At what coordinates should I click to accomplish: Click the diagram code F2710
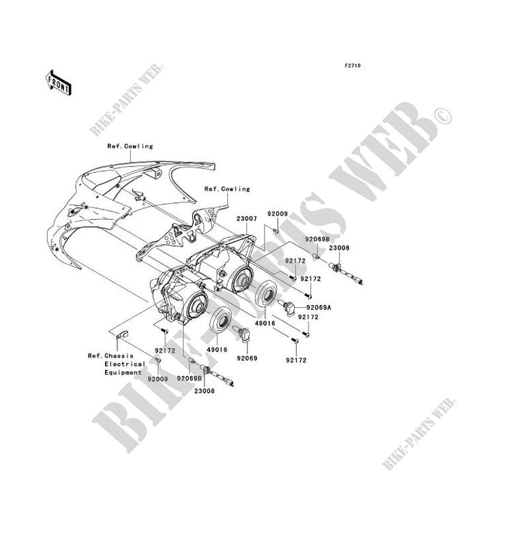pyautogui.click(x=352, y=66)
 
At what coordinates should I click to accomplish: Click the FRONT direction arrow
pyautogui.click(x=59, y=82)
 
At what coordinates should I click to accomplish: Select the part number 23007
pyautogui.click(x=246, y=220)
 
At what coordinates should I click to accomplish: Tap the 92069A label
pyautogui.click(x=318, y=307)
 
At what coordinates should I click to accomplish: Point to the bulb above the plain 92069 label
pyautogui.click(x=243, y=334)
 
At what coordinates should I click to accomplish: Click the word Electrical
pyautogui.click(x=125, y=364)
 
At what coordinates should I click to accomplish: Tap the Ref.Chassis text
pyautogui.click(x=110, y=355)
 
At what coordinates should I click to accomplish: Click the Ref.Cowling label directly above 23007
pyautogui.click(x=226, y=189)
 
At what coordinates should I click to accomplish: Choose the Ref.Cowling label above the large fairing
pyautogui.click(x=130, y=146)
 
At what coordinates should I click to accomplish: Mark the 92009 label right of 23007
pyautogui.click(x=278, y=214)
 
